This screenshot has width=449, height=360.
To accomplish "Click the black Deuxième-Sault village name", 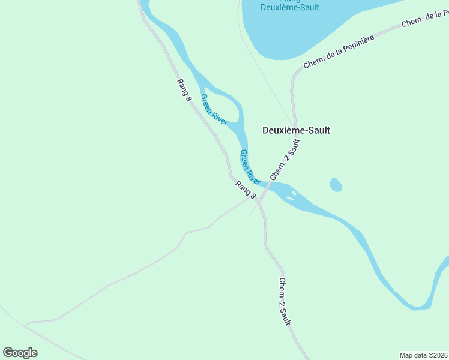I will pos(297,130).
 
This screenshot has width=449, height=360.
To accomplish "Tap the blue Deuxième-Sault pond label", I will pos(289,6).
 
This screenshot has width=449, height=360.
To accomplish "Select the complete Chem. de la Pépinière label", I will pos(339,52).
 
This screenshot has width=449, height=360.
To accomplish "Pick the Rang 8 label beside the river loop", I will pos(184,90).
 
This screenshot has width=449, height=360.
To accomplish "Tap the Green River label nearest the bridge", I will pos(250,167).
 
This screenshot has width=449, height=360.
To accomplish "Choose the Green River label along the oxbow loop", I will pos(214,109).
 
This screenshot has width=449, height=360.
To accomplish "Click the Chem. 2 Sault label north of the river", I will pos(285,160).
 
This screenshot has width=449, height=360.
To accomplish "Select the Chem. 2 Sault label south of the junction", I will pos(285,301).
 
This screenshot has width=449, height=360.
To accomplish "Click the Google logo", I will pos(20,353).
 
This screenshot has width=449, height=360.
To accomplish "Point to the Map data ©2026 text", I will pos(423,355).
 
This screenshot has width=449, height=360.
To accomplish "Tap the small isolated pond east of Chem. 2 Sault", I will pos(336,185).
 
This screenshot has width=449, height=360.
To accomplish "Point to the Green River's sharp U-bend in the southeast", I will pos(420,306).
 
